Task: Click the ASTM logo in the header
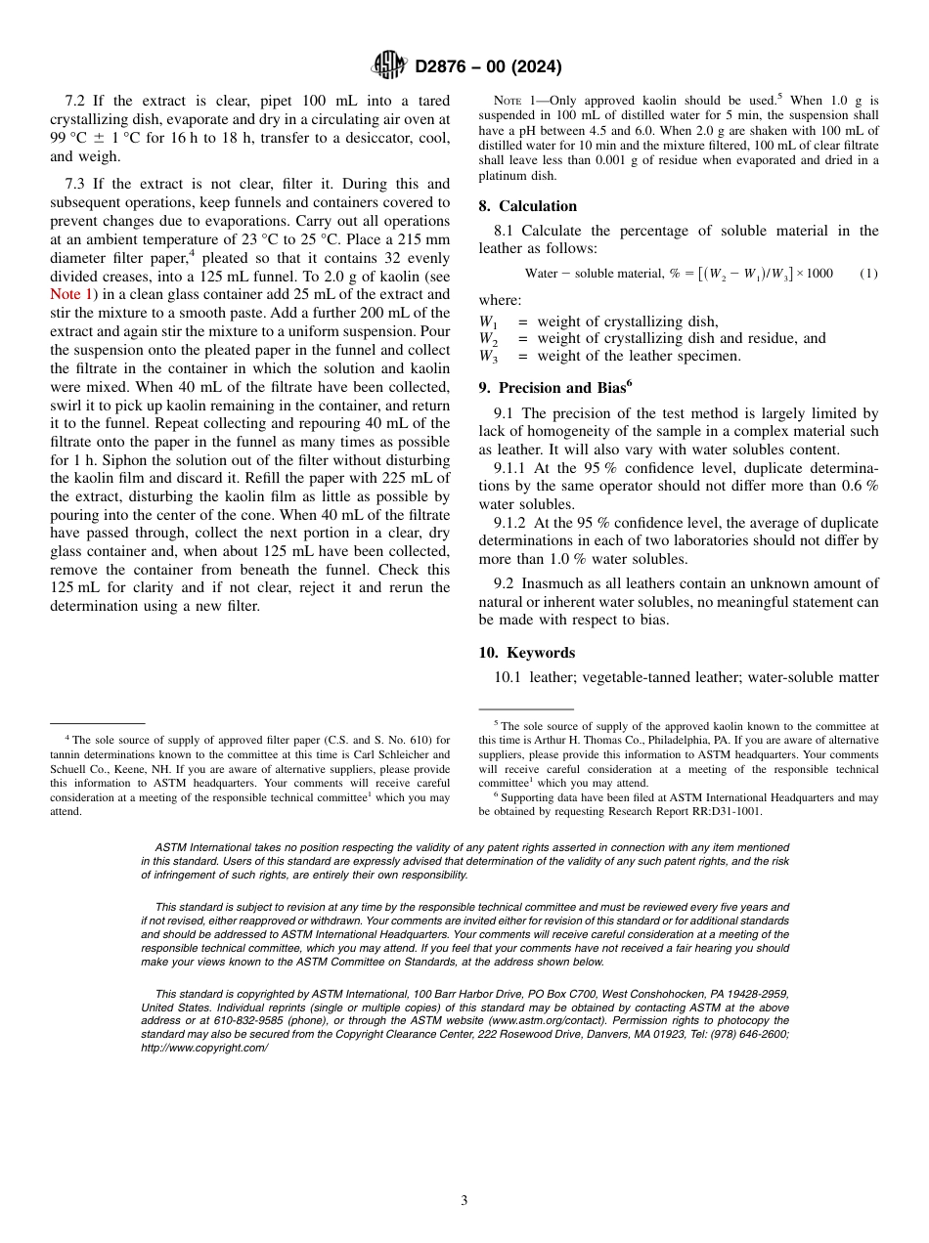pos(389,66)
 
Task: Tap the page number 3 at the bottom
pos(464,1200)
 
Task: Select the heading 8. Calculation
pos(528,206)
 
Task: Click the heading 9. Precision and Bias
pos(554,387)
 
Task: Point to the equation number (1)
pos(868,274)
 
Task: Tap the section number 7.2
pos(77,102)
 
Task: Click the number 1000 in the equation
pos(818,274)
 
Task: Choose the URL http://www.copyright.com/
pos(204,1048)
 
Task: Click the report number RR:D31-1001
pos(719,811)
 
